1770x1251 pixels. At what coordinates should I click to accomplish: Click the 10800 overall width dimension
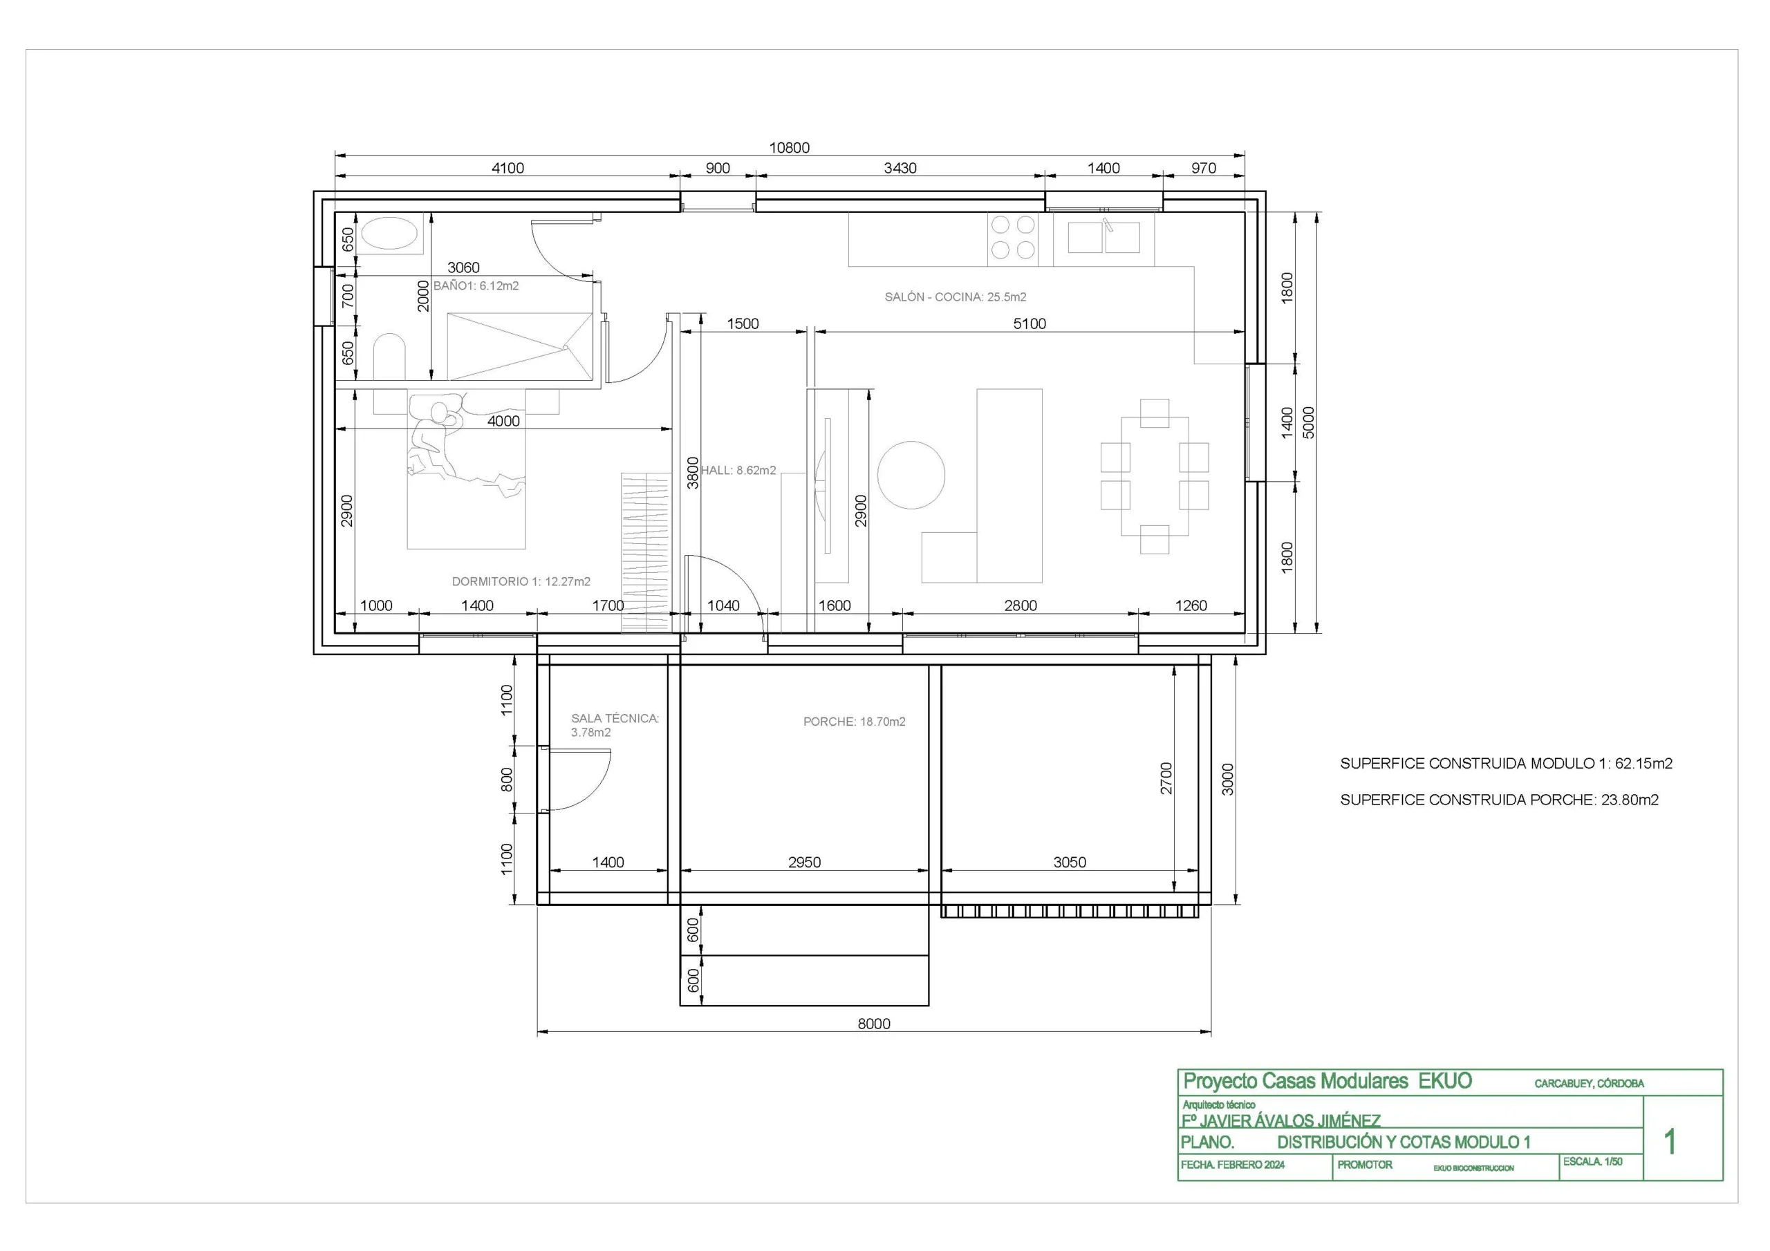[x=790, y=147]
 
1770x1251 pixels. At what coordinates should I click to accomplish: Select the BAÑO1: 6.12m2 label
[x=476, y=286]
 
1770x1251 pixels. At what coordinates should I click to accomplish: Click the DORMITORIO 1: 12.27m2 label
[x=521, y=581]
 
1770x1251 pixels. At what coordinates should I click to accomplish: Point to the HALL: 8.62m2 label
[x=738, y=470]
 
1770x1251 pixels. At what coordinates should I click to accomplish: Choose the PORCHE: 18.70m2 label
[x=854, y=722]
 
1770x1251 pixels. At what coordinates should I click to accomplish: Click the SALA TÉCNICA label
[x=615, y=718]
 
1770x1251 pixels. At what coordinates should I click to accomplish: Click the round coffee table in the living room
[x=911, y=475]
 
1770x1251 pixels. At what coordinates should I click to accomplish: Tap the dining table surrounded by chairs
[x=1155, y=476]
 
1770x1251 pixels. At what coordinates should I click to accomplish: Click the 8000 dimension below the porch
[x=874, y=1024]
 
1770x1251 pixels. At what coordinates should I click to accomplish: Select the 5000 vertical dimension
[x=1308, y=422]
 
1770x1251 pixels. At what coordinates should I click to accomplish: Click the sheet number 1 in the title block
[x=1670, y=1142]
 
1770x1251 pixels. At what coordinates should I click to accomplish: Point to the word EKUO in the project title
[x=1446, y=1082]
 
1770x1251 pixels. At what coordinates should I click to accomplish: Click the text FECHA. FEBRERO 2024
[x=1233, y=1165]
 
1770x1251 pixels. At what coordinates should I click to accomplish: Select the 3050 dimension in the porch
[x=1070, y=863]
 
